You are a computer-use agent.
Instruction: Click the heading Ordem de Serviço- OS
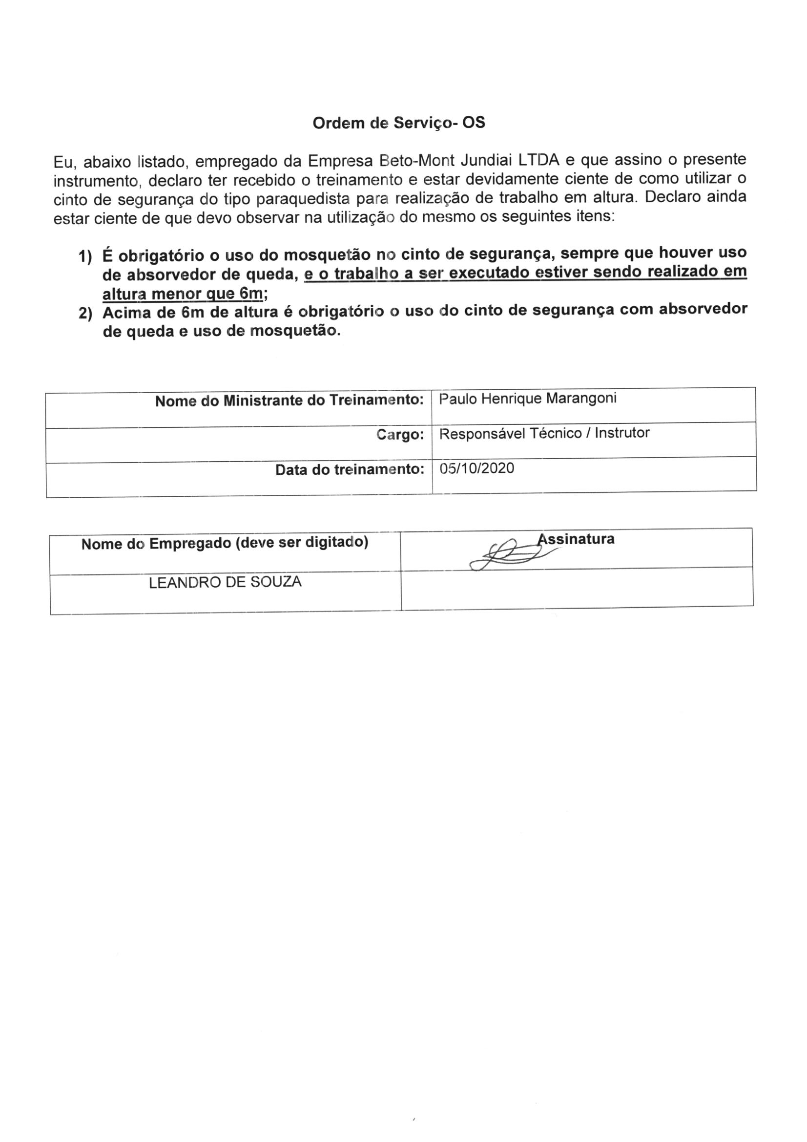[399, 123]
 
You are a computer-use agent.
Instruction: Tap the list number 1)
[85, 257]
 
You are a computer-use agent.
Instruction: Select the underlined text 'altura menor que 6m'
[182, 294]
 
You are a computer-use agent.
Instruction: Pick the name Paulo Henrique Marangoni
[528, 399]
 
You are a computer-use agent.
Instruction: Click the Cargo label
[400, 435]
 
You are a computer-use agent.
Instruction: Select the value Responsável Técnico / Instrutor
[544, 433]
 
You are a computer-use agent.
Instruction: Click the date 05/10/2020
[477, 468]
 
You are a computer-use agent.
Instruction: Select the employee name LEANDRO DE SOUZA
[225, 582]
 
